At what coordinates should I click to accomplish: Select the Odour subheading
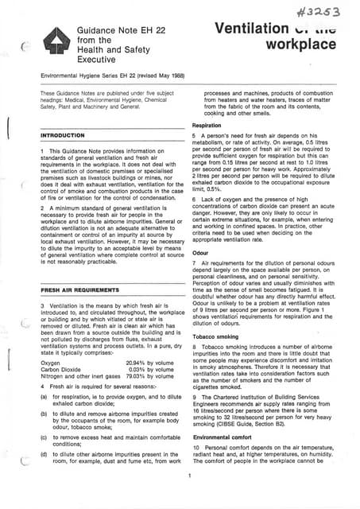200,252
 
